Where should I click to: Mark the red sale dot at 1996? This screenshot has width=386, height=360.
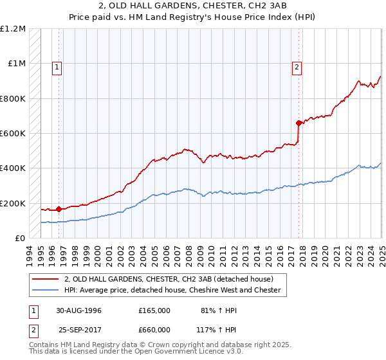[59, 209]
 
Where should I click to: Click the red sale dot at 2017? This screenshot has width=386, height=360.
[299, 123]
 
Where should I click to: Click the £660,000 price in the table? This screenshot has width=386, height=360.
[154, 329]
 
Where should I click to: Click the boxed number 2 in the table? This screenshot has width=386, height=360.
[32, 329]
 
